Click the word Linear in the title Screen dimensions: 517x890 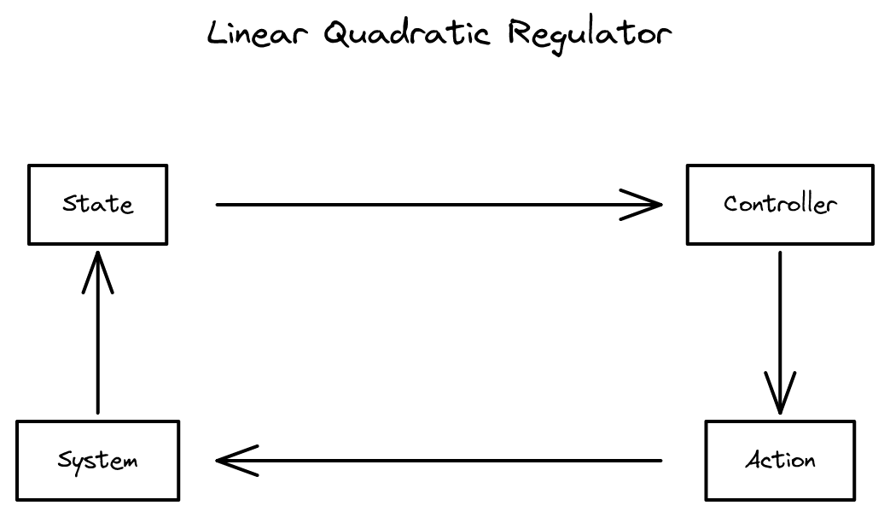[259, 34]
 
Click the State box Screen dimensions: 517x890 [98, 205]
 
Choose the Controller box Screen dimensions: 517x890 [780, 205]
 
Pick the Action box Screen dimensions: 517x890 [780, 461]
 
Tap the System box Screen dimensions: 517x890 [98, 461]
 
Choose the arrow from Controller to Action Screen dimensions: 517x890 [780, 324]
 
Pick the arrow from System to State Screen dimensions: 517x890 [98, 341]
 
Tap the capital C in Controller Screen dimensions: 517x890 [730, 205]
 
